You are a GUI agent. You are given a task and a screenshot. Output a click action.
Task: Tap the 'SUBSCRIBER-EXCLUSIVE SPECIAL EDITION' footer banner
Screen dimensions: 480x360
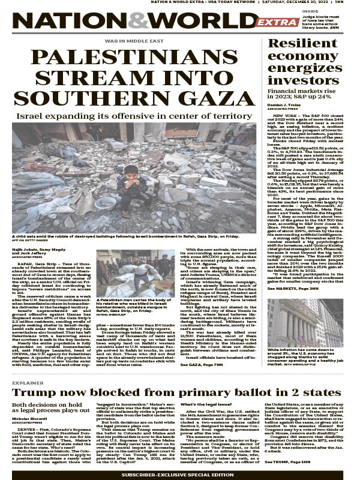[x=180, y=474]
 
